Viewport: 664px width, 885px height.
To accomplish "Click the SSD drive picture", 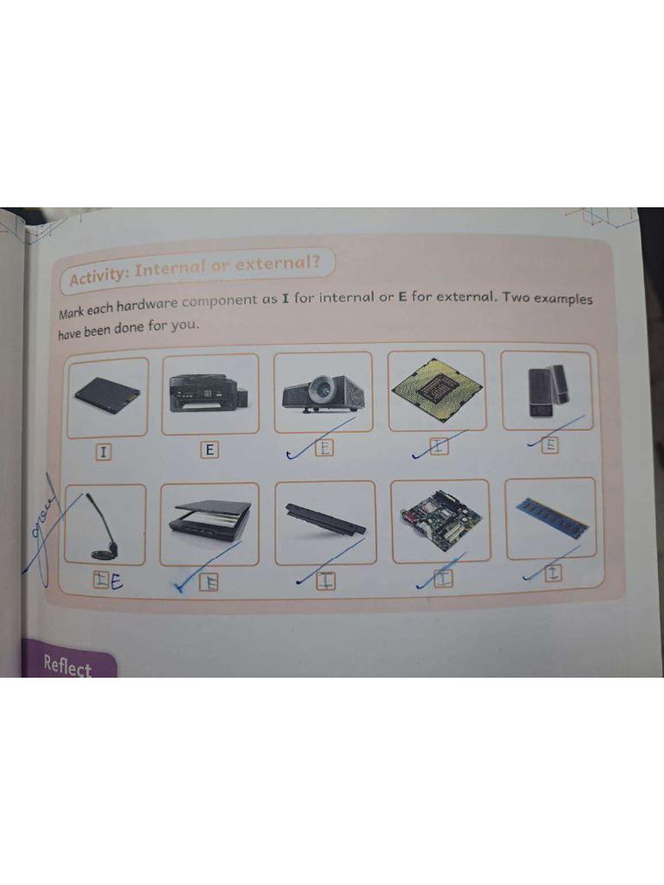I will click(107, 396).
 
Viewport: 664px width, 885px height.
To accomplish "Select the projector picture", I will click(322, 392).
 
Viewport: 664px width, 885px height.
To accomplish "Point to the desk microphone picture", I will click(105, 527).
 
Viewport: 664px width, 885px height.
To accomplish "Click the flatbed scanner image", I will click(211, 521).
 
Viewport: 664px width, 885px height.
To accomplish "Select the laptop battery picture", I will click(325, 519).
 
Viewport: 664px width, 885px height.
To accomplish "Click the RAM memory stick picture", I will click(551, 517).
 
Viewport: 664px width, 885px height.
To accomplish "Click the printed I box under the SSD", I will click(104, 452).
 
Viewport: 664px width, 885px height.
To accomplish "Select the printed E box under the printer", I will click(209, 449).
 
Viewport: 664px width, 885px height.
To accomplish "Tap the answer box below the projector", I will click(322, 448).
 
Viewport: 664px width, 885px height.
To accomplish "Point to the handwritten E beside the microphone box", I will click(116, 583).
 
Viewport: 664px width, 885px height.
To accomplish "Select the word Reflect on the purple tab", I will click(67, 666).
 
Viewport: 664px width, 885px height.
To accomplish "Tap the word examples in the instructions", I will click(557, 298).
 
